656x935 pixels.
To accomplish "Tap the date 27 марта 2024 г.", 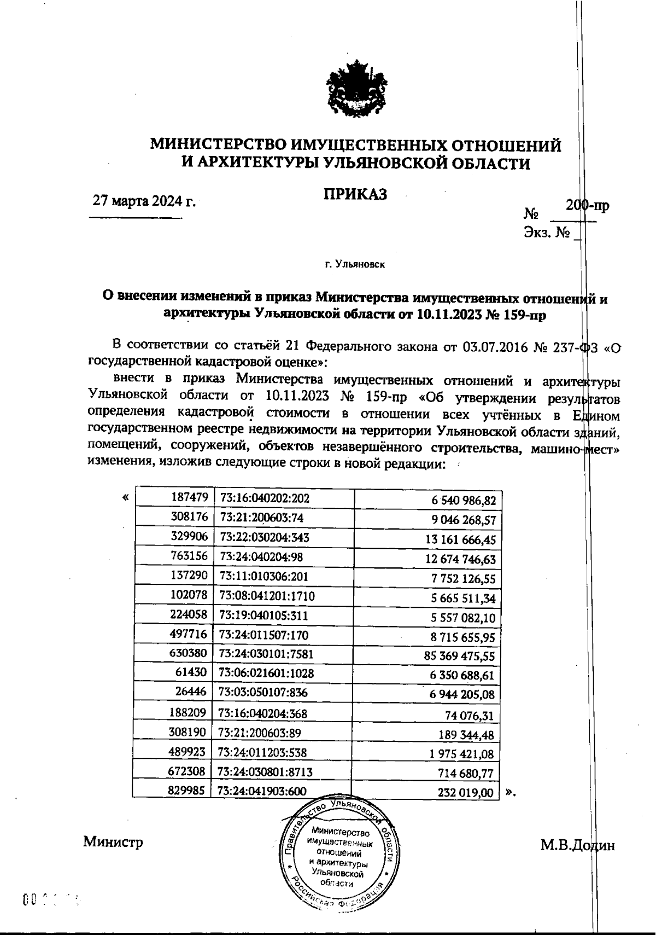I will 144,201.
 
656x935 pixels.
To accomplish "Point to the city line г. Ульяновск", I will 355,265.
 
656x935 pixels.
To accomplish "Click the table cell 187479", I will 189,497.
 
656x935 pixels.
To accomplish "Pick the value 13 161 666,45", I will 460,540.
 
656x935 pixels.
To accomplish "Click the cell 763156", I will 189,556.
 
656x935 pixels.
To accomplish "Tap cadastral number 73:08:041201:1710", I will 267,595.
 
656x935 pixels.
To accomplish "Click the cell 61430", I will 191,673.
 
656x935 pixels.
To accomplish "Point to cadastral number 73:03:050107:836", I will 262,692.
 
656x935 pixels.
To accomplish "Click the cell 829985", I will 189,790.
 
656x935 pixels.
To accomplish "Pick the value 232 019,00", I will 466,792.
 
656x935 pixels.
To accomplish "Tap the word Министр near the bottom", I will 113,841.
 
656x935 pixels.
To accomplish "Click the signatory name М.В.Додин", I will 578,845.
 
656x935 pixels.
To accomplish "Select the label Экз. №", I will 547,233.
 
